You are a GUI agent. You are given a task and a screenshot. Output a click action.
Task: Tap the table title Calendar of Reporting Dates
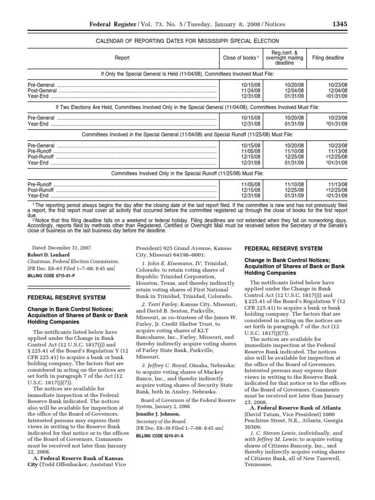187,41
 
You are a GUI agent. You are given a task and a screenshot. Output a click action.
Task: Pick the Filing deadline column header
328,58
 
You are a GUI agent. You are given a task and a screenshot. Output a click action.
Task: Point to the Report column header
122,58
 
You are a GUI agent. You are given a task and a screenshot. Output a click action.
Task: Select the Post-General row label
42,90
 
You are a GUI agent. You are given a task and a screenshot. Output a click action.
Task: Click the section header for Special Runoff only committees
187,173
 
